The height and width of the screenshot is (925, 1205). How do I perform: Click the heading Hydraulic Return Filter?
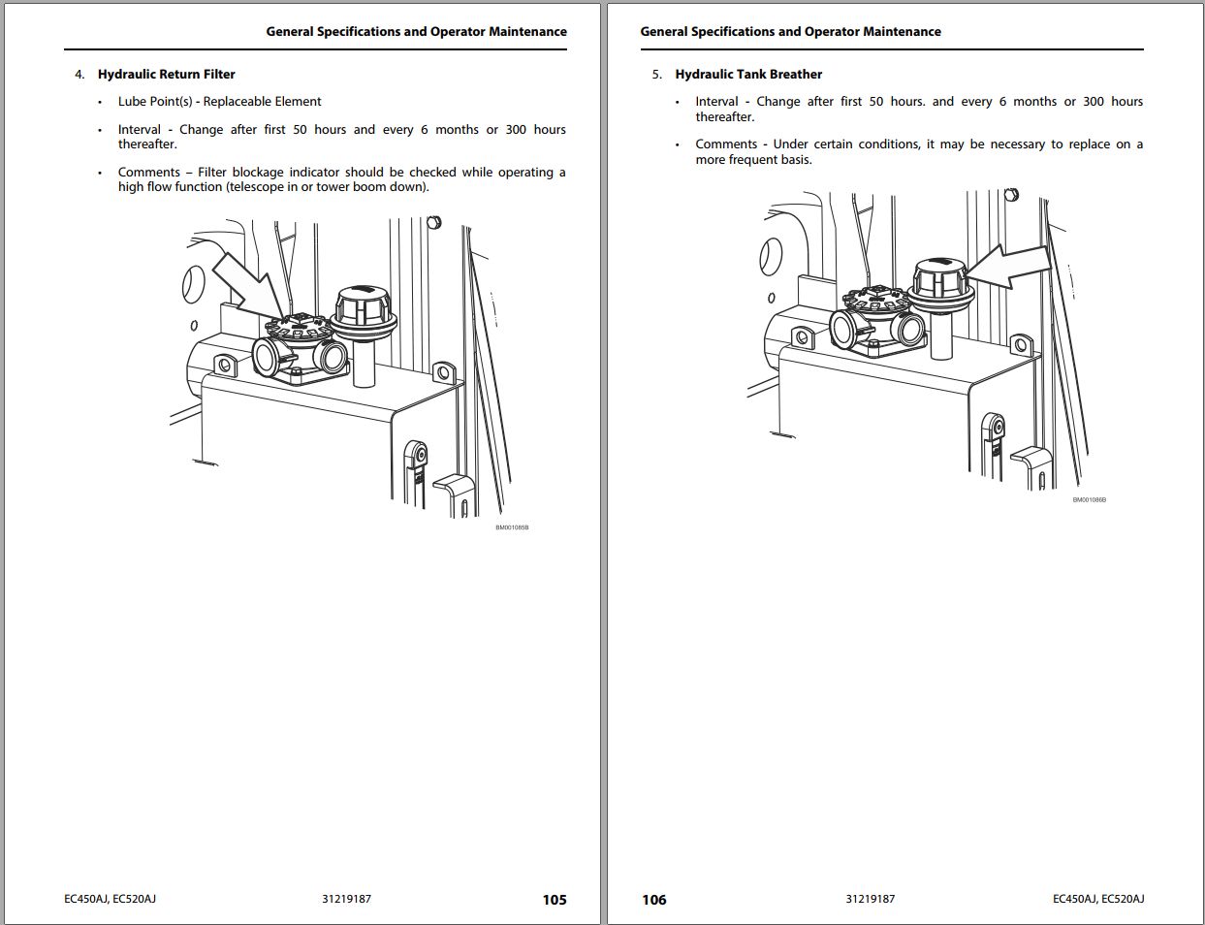click(166, 74)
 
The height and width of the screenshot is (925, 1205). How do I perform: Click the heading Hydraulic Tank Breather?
click(748, 74)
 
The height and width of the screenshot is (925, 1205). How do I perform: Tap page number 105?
click(555, 899)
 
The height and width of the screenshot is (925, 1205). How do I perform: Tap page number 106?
click(654, 899)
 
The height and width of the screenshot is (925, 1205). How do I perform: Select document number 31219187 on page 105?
click(346, 899)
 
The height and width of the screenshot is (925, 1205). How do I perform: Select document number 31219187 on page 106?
click(870, 899)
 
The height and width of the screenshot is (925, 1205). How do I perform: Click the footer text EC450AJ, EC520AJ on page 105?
click(110, 899)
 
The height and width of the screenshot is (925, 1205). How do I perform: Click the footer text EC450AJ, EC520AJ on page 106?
click(1098, 899)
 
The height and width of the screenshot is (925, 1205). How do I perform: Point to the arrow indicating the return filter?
click(242, 282)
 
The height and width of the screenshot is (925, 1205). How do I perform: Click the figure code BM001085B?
click(512, 527)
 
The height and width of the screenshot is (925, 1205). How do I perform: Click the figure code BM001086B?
click(1089, 499)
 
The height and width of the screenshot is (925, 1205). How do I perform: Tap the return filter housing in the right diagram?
click(877, 320)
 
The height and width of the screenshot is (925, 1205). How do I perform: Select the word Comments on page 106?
click(725, 144)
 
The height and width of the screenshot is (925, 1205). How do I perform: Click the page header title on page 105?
click(416, 31)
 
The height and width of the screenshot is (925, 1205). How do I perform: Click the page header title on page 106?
click(790, 31)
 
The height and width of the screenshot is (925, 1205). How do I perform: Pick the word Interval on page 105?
click(140, 130)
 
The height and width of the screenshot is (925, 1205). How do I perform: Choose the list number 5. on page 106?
click(657, 74)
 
